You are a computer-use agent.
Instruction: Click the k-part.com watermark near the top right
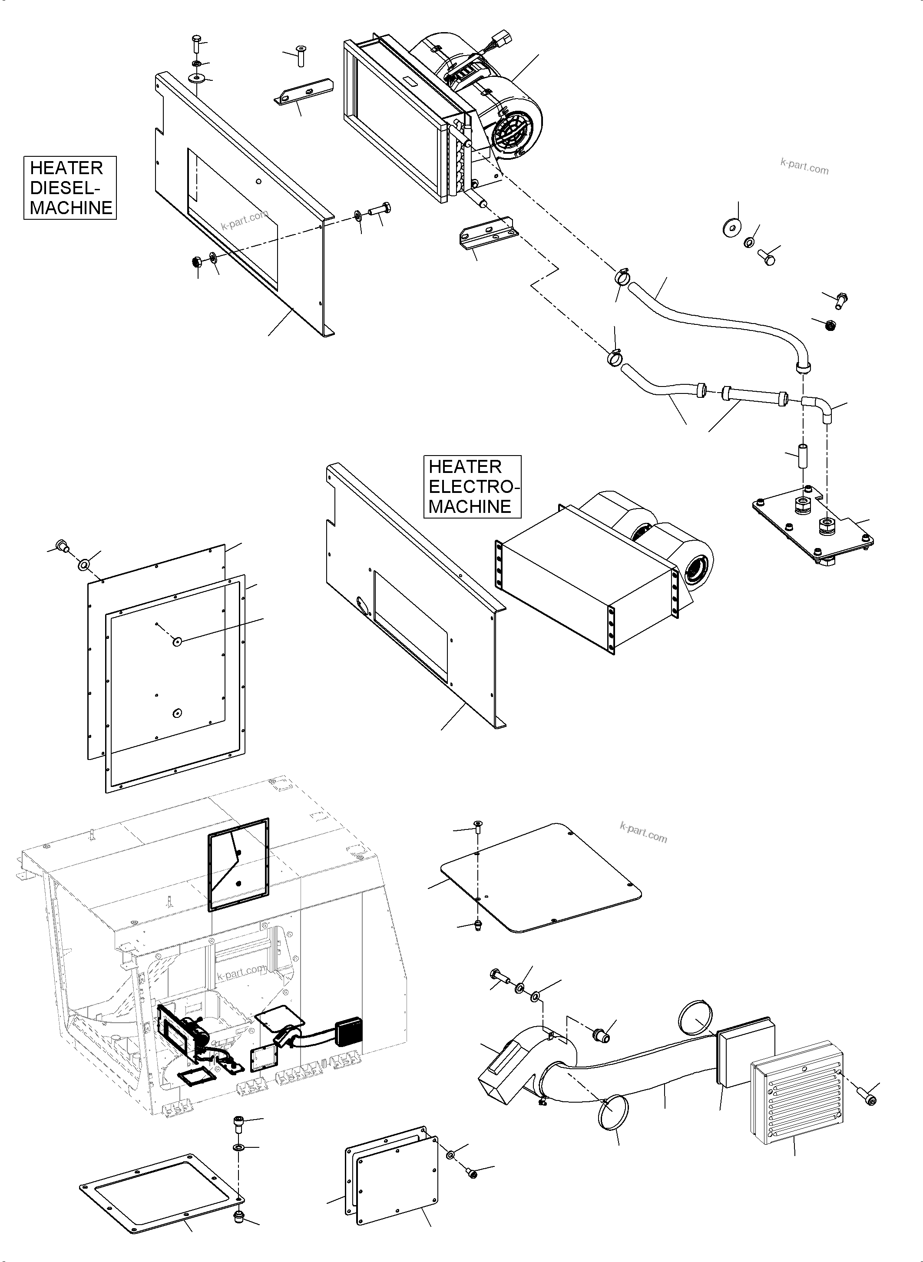804,166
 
